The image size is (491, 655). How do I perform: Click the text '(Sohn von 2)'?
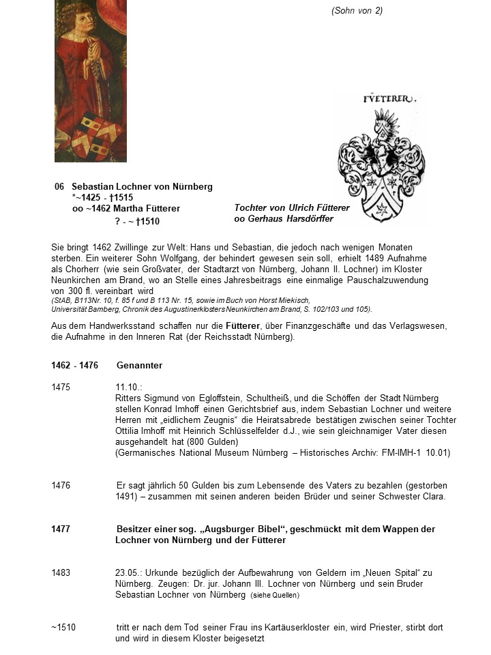pos(357,11)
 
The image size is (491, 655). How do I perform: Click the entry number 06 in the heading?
pos(60,187)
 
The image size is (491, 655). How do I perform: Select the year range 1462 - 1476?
pos(74,366)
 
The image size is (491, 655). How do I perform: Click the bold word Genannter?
pos(139,366)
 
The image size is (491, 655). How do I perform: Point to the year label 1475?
pos(61,387)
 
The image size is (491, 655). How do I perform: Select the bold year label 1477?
pos(61,529)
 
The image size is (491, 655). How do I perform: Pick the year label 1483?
pos(61,573)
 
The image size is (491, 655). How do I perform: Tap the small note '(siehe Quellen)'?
pos(276,595)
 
